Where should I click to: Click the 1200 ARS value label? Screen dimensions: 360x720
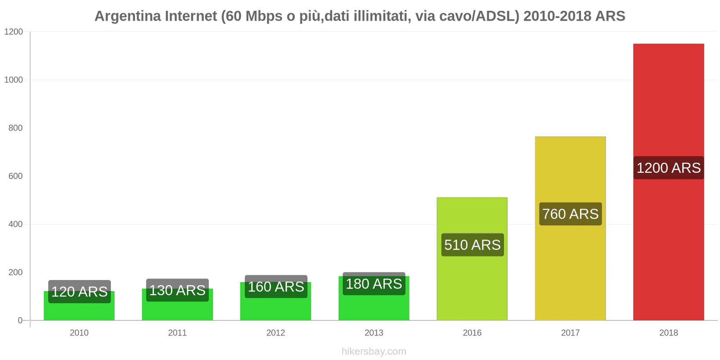(668, 168)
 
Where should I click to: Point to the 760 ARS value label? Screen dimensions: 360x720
(570, 214)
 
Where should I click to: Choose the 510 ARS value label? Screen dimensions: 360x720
(472, 245)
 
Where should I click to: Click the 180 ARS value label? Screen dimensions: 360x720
(374, 284)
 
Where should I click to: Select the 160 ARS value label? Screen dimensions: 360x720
(276, 287)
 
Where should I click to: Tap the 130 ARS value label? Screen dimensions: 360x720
(177, 290)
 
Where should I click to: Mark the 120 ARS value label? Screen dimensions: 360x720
(79, 292)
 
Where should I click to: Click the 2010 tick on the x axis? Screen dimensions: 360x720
(79, 333)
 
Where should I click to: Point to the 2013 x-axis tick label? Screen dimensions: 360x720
(374, 333)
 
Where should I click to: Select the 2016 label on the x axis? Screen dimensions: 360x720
(472, 333)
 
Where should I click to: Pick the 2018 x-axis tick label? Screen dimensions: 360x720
(668, 333)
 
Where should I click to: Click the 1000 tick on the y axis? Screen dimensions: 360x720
(13, 80)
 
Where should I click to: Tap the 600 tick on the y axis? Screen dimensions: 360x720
(15, 176)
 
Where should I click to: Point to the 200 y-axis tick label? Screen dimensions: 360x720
(15, 272)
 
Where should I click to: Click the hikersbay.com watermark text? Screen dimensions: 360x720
(374, 351)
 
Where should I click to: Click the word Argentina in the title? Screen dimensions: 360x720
(127, 16)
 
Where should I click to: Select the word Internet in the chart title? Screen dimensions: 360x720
(191, 16)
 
